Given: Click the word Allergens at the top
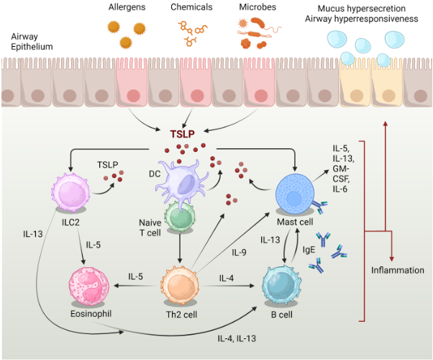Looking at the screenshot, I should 127,6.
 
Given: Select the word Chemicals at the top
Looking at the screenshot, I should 191,6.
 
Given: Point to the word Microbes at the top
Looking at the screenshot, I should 257,6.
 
